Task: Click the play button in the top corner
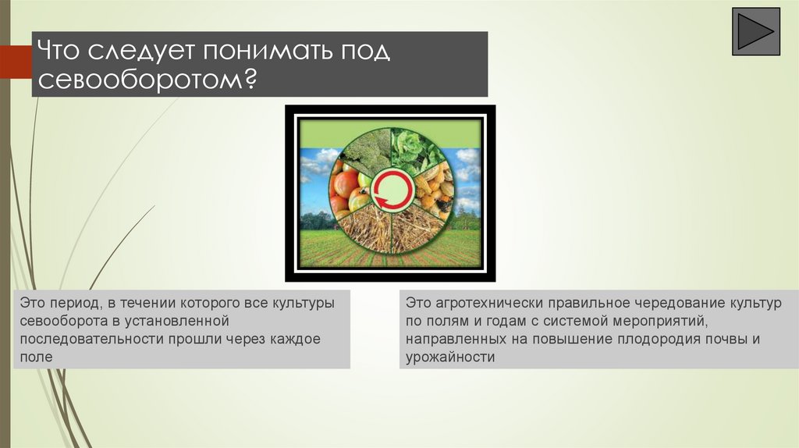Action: (x=755, y=31)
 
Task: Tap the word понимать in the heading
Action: (x=265, y=51)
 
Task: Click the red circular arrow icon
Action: (x=392, y=191)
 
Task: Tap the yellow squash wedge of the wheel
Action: (x=434, y=191)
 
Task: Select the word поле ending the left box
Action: (x=36, y=357)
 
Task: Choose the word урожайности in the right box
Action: (x=450, y=357)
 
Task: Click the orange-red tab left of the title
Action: (x=16, y=62)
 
